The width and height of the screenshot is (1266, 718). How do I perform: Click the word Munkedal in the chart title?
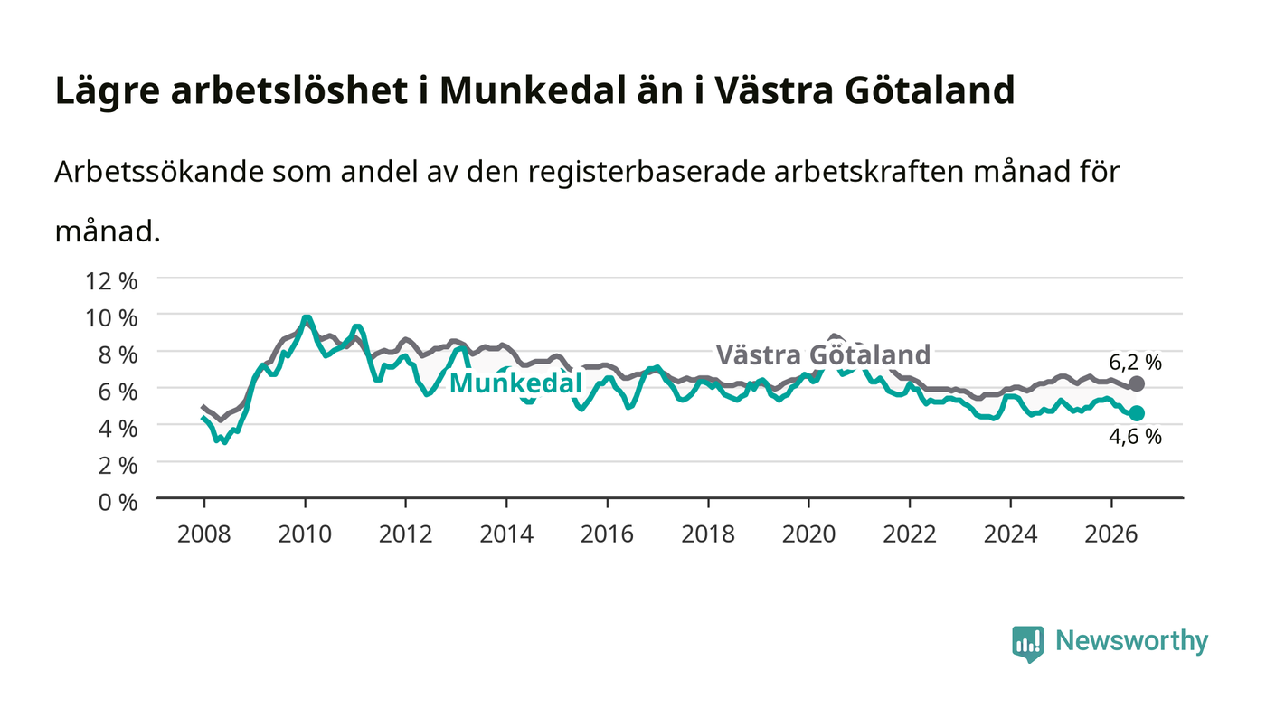click(533, 90)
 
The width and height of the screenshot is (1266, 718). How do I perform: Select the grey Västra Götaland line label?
click(823, 354)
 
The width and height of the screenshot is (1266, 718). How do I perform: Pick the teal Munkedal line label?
click(515, 383)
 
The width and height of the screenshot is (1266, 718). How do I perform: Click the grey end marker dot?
click(1136, 384)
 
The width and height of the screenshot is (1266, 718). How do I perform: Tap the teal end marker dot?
click(1136, 413)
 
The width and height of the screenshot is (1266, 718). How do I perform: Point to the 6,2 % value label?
click(1135, 362)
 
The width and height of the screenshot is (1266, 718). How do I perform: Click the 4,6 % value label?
click(1135, 437)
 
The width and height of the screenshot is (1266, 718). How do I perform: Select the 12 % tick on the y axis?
click(111, 281)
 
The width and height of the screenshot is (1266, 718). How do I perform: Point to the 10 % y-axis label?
click(111, 318)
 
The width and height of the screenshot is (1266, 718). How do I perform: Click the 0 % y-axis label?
click(118, 502)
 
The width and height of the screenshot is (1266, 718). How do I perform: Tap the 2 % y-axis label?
click(118, 466)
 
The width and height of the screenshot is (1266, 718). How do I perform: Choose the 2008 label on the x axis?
click(204, 534)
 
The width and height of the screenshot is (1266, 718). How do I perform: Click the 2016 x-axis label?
click(607, 534)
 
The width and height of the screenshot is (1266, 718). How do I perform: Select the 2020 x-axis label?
click(808, 534)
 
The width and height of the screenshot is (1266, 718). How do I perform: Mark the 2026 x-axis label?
click(1111, 534)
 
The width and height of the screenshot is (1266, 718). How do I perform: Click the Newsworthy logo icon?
click(1027, 644)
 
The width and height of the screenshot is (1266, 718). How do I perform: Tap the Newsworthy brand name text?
click(1131, 641)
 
